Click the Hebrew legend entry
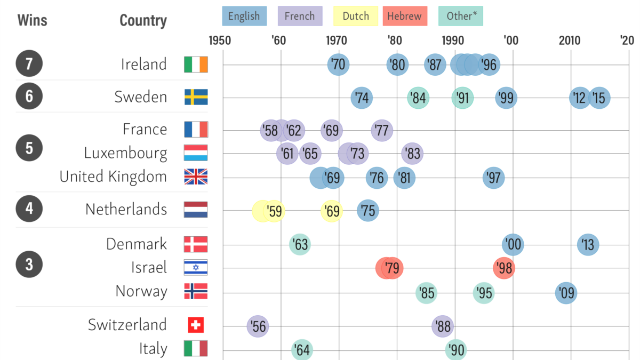click(404, 16)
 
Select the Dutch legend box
click(355, 16)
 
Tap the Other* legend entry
click(460, 16)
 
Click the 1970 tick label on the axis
click(337, 41)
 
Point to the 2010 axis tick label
click(570, 41)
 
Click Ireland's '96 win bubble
click(489, 65)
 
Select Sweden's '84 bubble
click(419, 98)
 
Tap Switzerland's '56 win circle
click(258, 326)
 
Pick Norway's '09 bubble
click(566, 293)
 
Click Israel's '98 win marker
click(504, 268)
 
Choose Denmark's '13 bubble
click(588, 245)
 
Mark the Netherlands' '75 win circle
click(367, 211)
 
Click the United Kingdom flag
click(196, 177)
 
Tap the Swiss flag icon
click(196, 325)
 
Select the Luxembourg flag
click(196, 153)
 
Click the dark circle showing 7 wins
click(29, 64)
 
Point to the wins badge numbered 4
click(29, 209)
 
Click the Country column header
click(143, 21)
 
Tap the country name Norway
click(141, 291)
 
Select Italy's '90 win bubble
click(456, 350)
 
